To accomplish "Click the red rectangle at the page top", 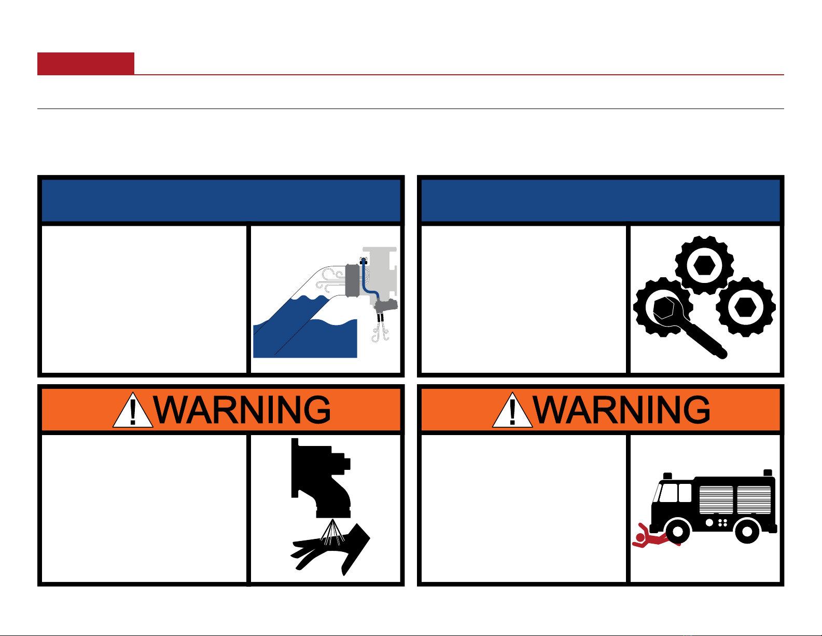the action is click(86, 63).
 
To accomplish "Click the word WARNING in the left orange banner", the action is click(242, 410).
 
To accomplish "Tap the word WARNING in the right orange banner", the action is click(621, 410).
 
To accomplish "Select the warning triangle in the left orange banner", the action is click(133, 410).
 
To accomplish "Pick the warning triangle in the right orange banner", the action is click(512, 410).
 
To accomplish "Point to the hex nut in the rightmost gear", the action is click(745, 307).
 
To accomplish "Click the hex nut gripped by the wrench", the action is click(665, 307).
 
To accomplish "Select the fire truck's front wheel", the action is click(677, 532).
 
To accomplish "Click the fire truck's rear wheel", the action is click(747, 532).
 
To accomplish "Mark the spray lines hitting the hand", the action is click(332, 532).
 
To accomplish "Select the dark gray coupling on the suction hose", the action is click(352, 280).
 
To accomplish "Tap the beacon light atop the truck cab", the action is click(667, 476).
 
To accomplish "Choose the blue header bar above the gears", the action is click(601, 200).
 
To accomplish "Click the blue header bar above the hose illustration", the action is click(221, 200).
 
